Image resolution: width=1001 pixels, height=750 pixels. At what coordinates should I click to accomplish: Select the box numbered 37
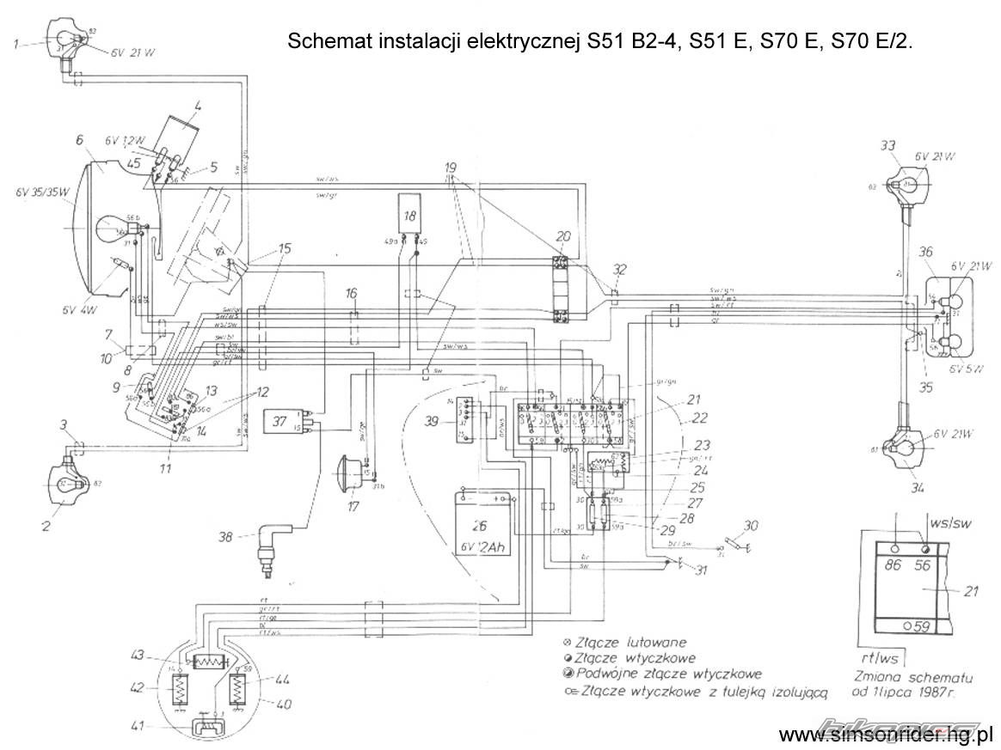point(279,421)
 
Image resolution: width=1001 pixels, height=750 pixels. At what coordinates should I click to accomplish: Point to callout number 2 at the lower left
point(46,523)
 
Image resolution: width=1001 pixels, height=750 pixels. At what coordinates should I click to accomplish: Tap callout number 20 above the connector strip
point(563,236)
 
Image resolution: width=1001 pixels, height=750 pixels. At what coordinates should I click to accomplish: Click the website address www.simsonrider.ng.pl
point(886,735)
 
